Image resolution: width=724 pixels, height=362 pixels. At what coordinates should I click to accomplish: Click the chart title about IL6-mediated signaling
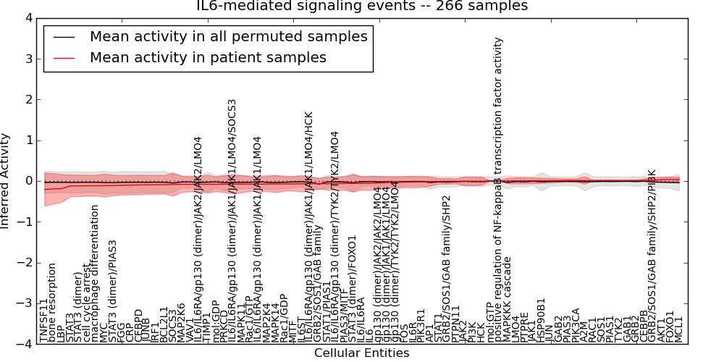pyautogui.click(x=362, y=7)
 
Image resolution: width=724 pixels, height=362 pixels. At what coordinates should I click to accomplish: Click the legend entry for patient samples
pyautogui.click(x=208, y=58)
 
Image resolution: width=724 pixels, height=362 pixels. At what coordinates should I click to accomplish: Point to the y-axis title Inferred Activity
pyautogui.click(x=7, y=181)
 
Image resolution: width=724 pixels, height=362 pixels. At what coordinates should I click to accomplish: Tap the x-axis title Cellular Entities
pyautogui.click(x=362, y=353)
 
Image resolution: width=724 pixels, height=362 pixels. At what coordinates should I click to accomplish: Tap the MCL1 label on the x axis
pyautogui.click(x=679, y=332)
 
